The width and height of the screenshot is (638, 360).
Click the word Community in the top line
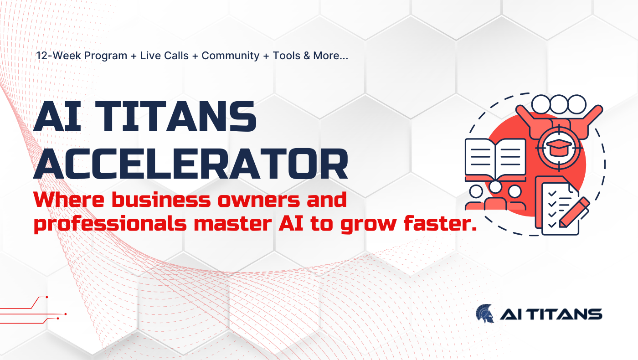(x=231, y=56)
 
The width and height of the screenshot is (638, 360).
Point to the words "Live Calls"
(x=165, y=56)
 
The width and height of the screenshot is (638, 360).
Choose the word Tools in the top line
(x=287, y=56)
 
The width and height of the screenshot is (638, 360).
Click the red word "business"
(x=161, y=200)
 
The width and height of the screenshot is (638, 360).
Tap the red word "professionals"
(x=110, y=224)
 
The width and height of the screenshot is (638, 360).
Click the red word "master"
(x=233, y=224)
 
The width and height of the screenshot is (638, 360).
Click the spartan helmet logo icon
(x=485, y=314)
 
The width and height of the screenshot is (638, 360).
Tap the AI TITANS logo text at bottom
(x=551, y=314)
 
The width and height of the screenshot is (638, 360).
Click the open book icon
(x=495, y=159)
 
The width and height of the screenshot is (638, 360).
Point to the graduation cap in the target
(x=559, y=148)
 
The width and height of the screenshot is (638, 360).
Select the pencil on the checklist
(x=574, y=212)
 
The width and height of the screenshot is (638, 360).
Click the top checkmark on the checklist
(x=552, y=194)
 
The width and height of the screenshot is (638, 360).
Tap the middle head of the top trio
(x=559, y=104)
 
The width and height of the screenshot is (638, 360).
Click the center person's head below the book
(x=495, y=187)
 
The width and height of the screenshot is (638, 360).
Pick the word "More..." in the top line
(x=331, y=56)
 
